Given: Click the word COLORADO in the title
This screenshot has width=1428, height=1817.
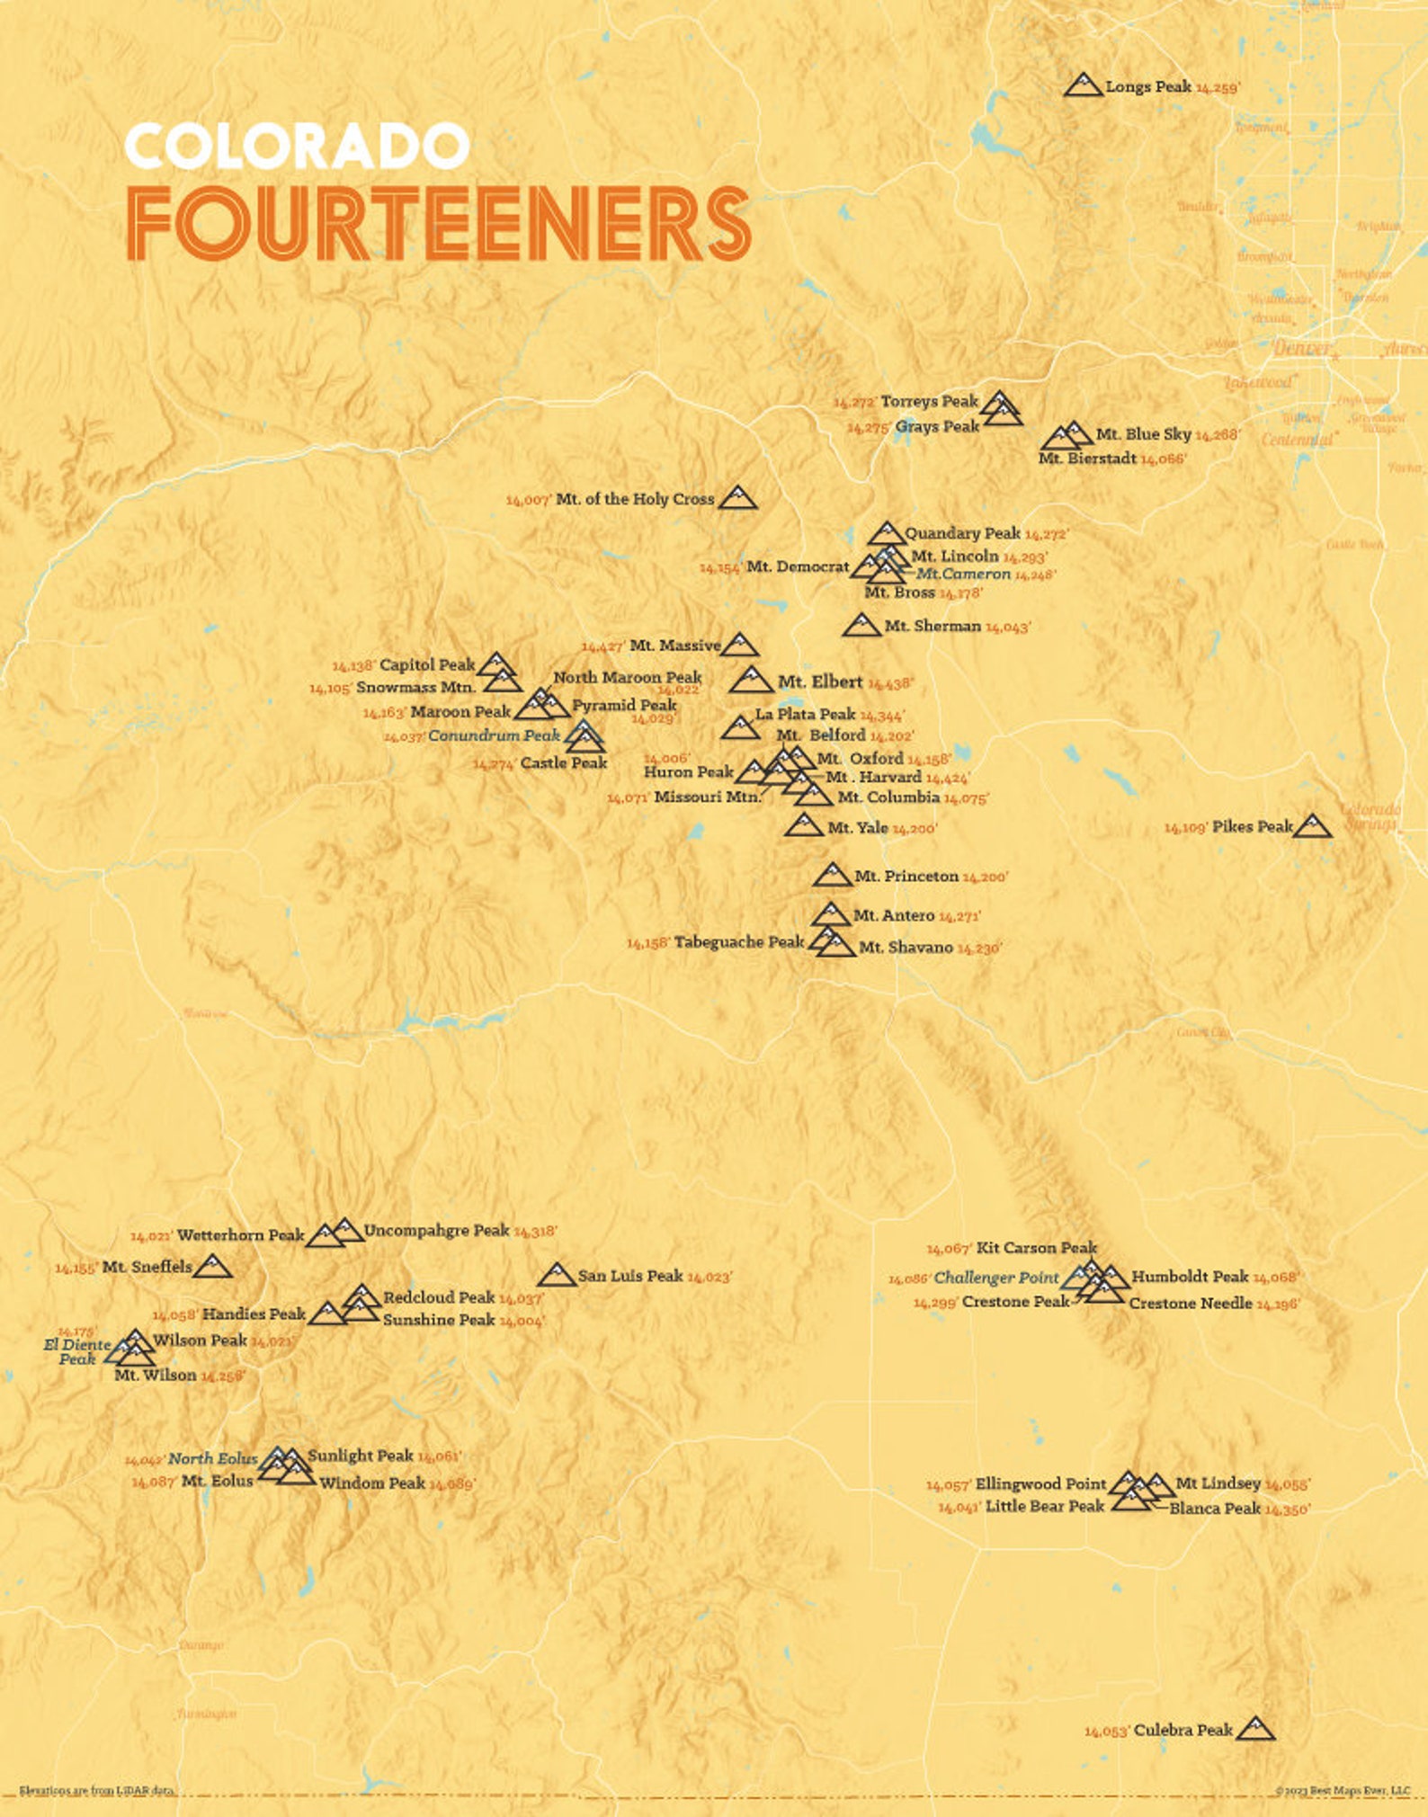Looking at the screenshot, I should (297, 147).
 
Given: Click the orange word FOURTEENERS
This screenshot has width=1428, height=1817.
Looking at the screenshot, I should (438, 225).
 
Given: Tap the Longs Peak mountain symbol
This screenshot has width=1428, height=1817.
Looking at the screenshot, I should (1083, 85).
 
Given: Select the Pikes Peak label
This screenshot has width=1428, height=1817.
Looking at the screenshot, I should (1252, 826).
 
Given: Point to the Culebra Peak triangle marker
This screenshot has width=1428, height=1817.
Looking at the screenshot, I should (1255, 1729).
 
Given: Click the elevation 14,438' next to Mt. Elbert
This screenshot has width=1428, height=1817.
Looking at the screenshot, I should (890, 683).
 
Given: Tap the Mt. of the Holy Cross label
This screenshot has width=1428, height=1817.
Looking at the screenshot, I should (635, 499).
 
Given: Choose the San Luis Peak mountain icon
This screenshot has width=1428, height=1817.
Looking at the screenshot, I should (557, 1275).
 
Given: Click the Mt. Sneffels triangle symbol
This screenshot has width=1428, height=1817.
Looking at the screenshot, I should (213, 1266).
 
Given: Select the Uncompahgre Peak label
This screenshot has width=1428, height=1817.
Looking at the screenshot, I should (436, 1230).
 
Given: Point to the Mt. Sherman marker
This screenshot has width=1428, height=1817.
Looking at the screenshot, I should (861, 626).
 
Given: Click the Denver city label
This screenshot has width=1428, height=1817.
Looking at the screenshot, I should (1301, 347).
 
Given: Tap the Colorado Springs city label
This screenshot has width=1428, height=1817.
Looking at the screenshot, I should (1370, 816).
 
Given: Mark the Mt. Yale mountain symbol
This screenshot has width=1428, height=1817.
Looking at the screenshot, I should (803, 825).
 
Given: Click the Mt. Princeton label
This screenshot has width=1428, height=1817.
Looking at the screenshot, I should (906, 876).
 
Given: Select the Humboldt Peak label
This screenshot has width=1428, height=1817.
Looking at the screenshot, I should (1189, 1276).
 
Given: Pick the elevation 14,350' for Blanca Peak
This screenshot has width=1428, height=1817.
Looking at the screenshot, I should (1287, 1510).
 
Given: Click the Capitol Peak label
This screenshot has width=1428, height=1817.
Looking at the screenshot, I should (426, 665).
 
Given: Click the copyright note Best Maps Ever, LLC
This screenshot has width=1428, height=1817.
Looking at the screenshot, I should (1342, 1790).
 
